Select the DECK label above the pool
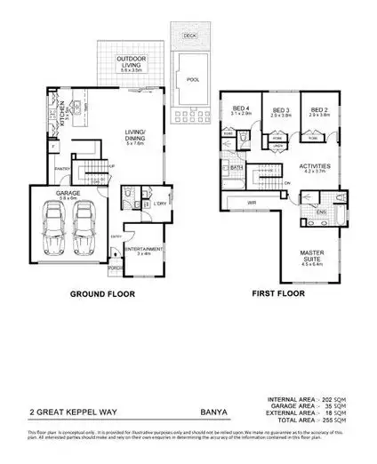pos(188,37)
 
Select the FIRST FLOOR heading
pos(277,293)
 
